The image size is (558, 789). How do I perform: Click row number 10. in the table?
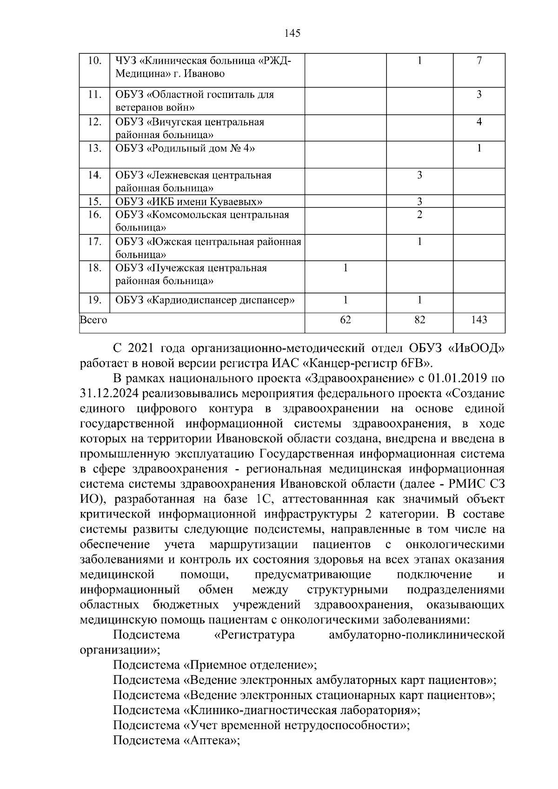pyautogui.click(x=94, y=61)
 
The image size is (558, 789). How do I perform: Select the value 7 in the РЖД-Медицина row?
pyautogui.click(x=479, y=61)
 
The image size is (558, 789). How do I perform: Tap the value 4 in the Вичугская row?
pyautogui.click(x=479, y=122)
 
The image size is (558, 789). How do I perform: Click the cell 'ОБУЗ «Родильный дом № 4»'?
pyautogui.click(x=185, y=148)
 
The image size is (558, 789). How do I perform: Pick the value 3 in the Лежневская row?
pyautogui.click(x=419, y=175)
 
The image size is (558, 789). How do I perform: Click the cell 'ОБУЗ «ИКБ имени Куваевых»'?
pyautogui.click(x=189, y=201)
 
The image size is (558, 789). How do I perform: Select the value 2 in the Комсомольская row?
pyautogui.click(x=419, y=215)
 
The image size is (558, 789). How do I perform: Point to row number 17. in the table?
pyautogui.click(x=94, y=242)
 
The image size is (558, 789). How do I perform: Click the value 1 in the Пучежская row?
pyautogui.click(x=345, y=268)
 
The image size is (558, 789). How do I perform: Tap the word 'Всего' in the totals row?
pyautogui.click(x=93, y=320)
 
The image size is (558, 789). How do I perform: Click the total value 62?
pyautogui.click(x=345, y=320)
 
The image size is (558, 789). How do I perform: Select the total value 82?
pyautogui.click(x=419, y=320)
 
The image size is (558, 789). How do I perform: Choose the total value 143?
pyautogui.click(x=479, y=320)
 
